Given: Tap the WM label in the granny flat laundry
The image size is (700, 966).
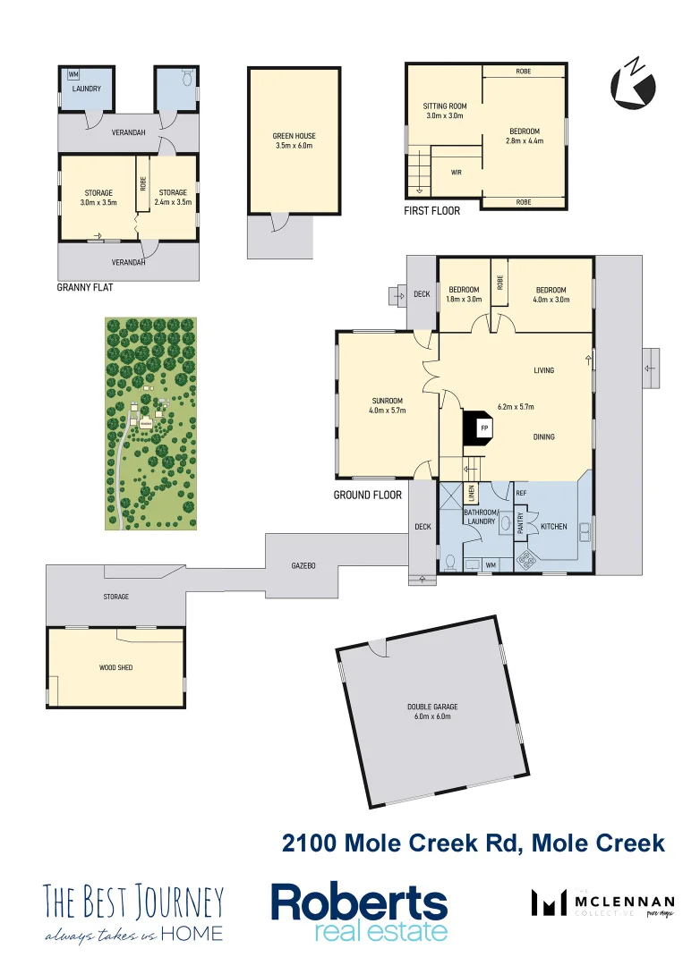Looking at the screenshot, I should tap(73, 75).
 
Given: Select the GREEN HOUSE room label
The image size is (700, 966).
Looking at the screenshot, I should tap(295, 136).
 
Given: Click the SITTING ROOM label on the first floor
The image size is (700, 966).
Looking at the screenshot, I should tap(446, 106).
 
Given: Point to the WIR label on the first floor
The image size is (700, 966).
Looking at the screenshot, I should tap(456, 173).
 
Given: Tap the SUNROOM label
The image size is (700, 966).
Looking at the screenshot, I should tap(388, 401).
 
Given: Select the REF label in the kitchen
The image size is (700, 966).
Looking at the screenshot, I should tap(521, 493).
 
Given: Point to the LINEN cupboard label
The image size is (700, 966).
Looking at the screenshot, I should tap(471, 495).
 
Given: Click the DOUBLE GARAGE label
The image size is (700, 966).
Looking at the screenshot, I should tap(432, 707).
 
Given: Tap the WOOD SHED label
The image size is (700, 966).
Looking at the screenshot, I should tap(115, 667).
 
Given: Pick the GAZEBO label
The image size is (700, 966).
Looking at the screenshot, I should tap(303, 566).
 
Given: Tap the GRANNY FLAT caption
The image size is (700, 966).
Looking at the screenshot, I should tap(84, 288).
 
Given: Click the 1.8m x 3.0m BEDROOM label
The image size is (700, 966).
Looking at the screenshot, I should tap(465, 290).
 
